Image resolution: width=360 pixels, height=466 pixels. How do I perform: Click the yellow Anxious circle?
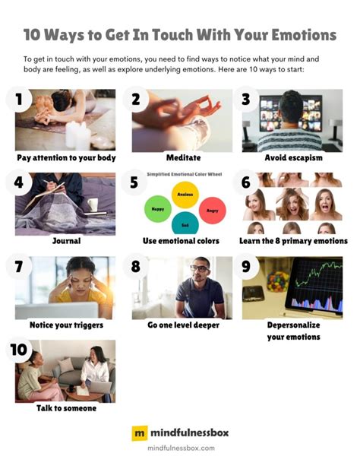[185, 195]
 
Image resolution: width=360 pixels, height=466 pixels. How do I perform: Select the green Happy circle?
[158, 209]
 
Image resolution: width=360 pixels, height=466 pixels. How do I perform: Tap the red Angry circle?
[213, 211]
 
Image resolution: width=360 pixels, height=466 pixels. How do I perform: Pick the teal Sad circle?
[185, 223]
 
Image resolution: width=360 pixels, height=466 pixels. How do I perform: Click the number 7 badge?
[19, 266]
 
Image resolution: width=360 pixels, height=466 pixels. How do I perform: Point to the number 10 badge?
[19, 350]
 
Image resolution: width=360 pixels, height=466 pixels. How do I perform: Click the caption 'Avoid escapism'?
[293, 157]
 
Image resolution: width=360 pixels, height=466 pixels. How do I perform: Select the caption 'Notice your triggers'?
[66, 325]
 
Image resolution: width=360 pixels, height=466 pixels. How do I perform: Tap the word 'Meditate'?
[183, 157]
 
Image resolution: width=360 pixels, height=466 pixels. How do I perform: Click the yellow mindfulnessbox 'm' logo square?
[140, 433]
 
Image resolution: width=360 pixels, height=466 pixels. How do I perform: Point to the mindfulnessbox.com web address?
[181, 448]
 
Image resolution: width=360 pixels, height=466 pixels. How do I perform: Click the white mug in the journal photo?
[93, 204]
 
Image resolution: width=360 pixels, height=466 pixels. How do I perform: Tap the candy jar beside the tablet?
[278, 280]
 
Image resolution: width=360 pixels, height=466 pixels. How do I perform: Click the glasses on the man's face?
[200, 268]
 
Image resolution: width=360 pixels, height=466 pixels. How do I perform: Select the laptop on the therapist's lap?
[100, 387]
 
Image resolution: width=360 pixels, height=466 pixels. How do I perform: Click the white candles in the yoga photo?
[77, 135]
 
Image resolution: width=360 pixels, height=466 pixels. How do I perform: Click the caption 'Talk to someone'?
[66, 408]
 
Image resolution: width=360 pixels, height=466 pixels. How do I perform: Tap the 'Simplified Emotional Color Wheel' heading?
[184, 174]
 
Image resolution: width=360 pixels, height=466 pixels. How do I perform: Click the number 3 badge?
[246, 100]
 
